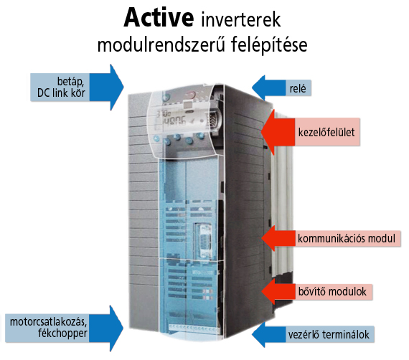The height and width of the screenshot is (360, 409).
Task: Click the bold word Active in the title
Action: pyautogui.click(x=159, y=17)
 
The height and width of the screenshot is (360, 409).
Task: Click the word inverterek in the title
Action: pyautogui.click(x=241, y=19)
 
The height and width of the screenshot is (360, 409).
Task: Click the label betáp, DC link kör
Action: pyautogui.click(x=61, y=87)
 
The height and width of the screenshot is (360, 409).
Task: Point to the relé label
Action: pyautogui.click(x=298, y=89)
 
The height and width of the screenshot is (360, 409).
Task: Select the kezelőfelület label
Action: pyautogui.click(x=326, y=132)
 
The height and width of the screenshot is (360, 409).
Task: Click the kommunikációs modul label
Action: pyautogui.click(x=347, y=238)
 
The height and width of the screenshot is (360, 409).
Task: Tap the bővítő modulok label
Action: pyautogui.click(x=332, y=291)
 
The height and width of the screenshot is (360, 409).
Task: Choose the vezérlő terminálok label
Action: pyautogui.click(x=329, y=334)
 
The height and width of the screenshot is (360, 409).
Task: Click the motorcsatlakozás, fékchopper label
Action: pyautogui.click(x=49, y=328)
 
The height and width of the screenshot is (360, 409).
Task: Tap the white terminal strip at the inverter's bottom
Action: pyautogui.click(x=194, y=328)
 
